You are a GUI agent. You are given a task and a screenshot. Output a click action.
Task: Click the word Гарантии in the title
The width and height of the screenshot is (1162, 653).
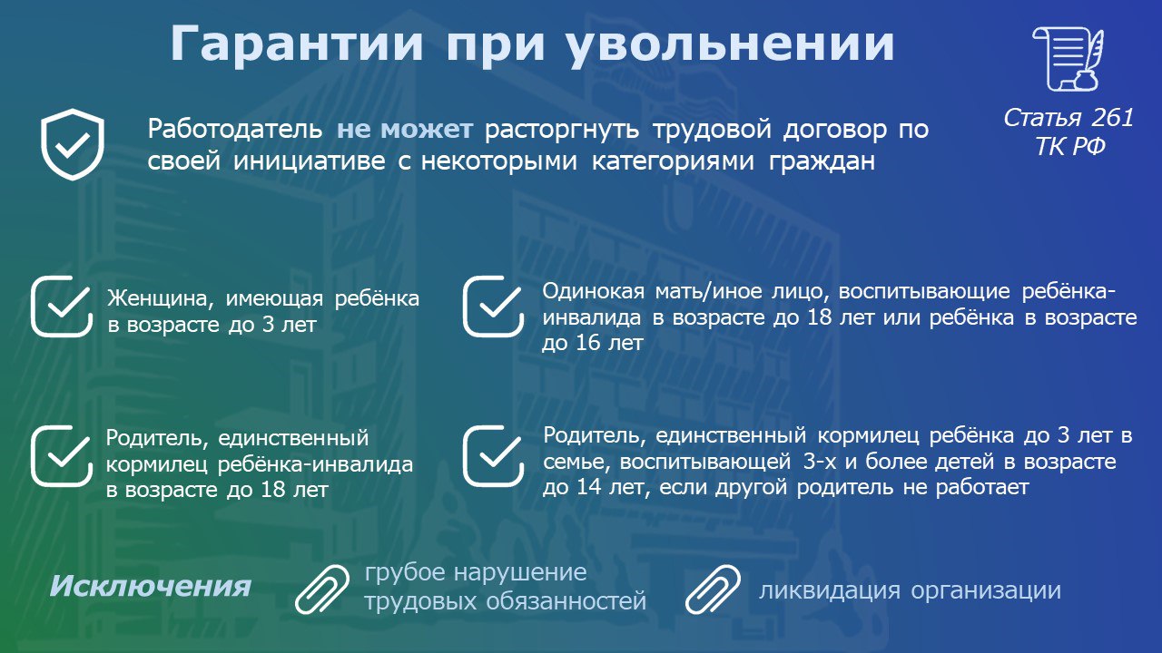pyautogui.click(x=297, y=44)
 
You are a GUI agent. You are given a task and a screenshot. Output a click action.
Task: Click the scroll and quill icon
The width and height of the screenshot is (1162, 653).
pyautogui.click(x=1068, y=59)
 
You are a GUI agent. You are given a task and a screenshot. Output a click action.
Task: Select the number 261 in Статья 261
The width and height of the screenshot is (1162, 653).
pyautogui.click(x=1112, y=118)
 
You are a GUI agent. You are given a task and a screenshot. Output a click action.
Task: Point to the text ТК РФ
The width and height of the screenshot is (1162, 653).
pyautogui.click(x=1069, y=146)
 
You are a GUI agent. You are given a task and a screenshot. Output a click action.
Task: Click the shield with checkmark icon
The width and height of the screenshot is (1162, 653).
pyautogui.click(x=73, y=144)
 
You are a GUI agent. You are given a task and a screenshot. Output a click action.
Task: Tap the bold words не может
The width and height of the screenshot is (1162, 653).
pyautogui.click(x=405, y=129)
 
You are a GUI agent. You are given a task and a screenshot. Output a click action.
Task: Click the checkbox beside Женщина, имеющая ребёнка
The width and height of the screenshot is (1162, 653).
pyautogui.click(x=62, y=307)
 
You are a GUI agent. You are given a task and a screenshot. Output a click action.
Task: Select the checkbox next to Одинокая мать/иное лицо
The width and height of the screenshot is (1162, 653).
pyautogui.click(x=493, y=307)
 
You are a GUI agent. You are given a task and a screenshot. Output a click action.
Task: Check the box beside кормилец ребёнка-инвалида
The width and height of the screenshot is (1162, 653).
pyautogui.click(x=62, y=456)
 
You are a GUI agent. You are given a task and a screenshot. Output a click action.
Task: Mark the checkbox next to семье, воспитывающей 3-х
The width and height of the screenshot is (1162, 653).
pyautogui.click(x=493, y=456)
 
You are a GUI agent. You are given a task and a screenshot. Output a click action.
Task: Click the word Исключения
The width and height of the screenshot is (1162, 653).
pyautogui.click(x=151, y=587)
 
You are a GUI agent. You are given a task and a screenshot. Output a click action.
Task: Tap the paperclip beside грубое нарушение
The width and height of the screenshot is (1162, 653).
pyautogui.click(x=322, y=590)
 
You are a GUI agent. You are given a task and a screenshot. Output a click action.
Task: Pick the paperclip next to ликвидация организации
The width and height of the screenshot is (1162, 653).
pyautogui.click(x=713, y=590)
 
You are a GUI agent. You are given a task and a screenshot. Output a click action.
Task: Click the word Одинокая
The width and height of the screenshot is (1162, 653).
pyautogui.click(x=593, y=291)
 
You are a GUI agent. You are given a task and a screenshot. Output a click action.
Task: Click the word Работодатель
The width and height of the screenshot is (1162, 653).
pyautogui.click(x=235, y=129)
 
